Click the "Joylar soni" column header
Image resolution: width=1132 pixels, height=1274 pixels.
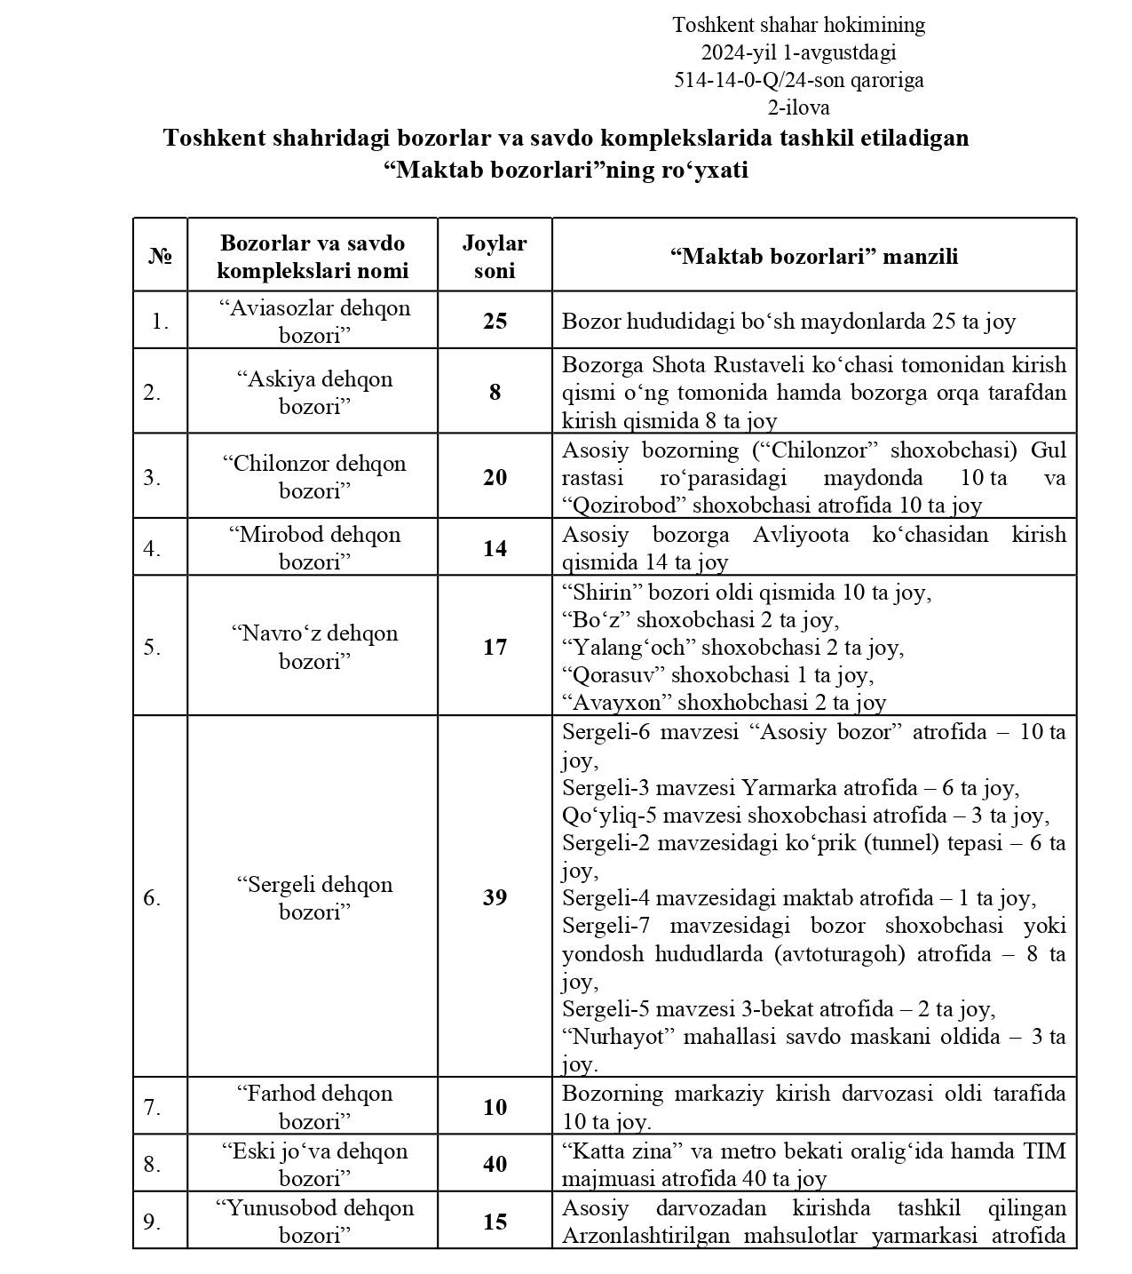point(495,256)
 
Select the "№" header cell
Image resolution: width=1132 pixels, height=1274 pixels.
point(160,257)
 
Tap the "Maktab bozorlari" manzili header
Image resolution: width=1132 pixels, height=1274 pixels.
point(813,257)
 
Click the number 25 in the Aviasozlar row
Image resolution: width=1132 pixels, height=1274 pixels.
point(495,321)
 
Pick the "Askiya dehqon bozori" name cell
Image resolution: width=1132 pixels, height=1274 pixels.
point(314,392)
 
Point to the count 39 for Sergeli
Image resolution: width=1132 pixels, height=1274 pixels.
point(495,897)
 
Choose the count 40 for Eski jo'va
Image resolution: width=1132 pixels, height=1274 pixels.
point(495,1164)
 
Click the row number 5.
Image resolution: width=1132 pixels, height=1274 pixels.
point(152,647)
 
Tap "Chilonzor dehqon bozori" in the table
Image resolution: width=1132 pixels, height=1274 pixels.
point(314,477)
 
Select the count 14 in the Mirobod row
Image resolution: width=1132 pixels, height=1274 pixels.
point(495,548)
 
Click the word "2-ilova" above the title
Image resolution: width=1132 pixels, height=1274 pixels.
point(798,108)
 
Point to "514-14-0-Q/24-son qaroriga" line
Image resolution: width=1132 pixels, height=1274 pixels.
point(798,81)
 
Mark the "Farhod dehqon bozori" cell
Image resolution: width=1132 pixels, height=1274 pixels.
point(314,1107)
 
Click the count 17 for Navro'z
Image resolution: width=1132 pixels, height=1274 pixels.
point(495,647)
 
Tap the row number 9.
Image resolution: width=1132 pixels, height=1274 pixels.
point(152,1222)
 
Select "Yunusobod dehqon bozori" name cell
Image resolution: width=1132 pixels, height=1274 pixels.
point(314,1222)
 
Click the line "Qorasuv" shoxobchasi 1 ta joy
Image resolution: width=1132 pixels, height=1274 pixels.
point(717,675)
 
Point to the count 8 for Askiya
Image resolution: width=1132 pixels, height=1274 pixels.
point(495,392)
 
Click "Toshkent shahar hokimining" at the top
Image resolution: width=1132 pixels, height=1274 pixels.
point(798,25)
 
